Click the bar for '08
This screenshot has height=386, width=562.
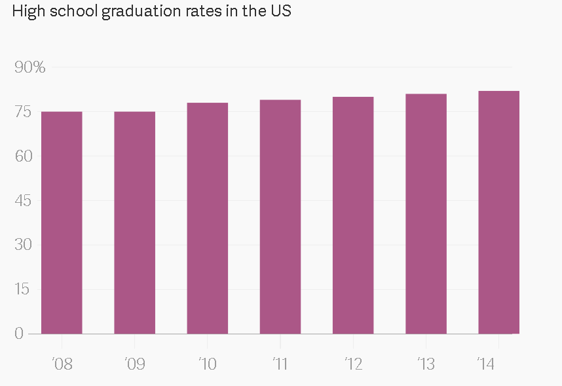62,222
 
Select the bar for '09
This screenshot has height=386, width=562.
134,222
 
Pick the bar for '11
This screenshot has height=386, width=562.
280,217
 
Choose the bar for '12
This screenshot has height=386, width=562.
352,215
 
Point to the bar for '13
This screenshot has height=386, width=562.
426,214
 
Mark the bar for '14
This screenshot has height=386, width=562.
498,212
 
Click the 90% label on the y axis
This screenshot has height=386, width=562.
29,67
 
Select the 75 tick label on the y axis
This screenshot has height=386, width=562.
23,112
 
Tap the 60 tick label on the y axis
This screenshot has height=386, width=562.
23,156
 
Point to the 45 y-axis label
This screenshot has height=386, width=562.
23,200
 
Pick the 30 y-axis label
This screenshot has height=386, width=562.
23,245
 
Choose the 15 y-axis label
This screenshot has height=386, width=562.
23,289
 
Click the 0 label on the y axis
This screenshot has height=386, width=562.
18,334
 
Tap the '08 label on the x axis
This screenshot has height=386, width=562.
62,364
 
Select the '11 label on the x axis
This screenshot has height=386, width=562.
280,364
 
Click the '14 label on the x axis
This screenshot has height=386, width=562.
485,364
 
